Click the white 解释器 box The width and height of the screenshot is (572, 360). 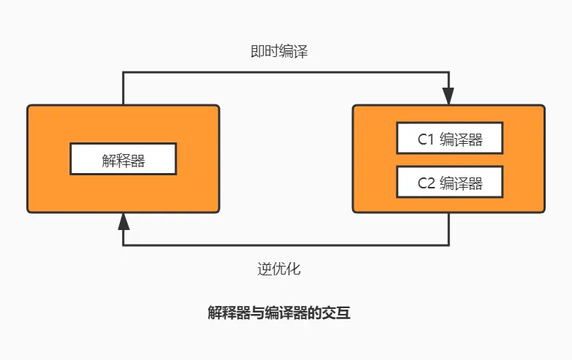tap(123, 158)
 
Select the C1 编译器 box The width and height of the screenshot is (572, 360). tap(449, 138)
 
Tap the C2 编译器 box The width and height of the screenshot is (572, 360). tap(449, 182)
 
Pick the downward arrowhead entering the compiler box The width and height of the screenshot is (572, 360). tap(449, 96)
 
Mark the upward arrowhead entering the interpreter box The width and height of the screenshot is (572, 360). tap(123, 221)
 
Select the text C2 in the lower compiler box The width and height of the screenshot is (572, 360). tap(426, 183)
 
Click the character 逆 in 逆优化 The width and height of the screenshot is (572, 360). tap(264, 269)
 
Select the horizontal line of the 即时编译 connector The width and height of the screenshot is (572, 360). tap(285, 72)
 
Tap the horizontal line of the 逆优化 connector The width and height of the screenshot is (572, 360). tap(285, 245)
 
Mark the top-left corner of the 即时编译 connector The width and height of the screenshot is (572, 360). tap(123, 72)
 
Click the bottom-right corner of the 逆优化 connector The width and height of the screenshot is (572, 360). tap(449, 245)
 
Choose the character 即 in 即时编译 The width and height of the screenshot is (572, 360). tap(256, 52)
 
